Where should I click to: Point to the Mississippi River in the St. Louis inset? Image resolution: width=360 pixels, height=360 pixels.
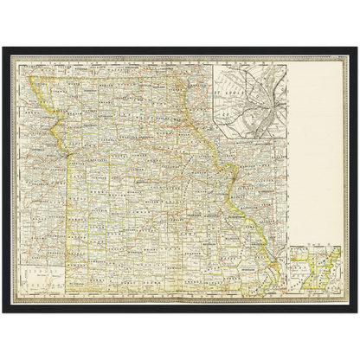[274, 100]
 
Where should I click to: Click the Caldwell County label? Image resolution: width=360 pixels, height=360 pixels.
[87, 130]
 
